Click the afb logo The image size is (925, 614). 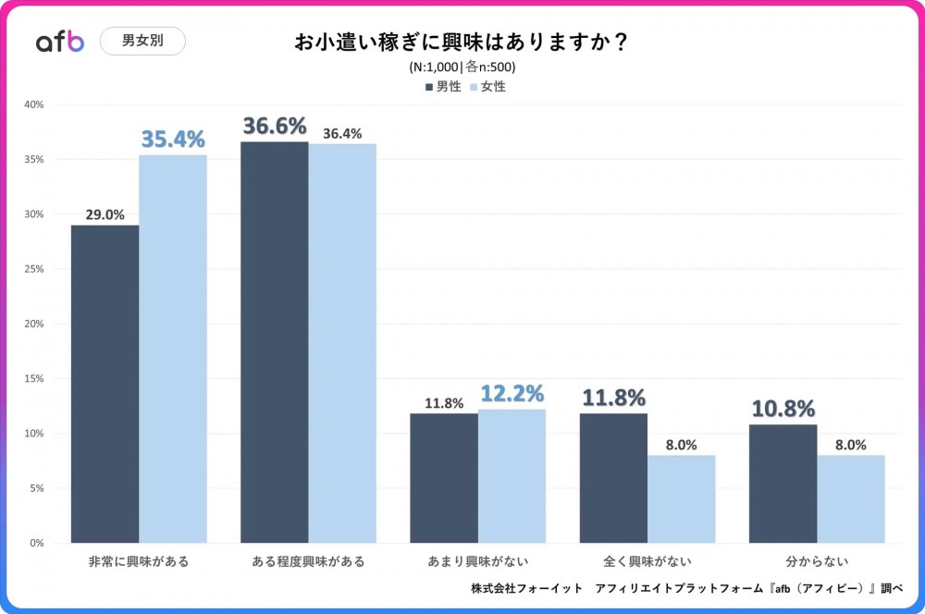click(x=60, y=41)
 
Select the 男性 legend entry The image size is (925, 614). click(x=443, y=86)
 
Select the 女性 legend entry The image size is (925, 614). click(x=487, y=86)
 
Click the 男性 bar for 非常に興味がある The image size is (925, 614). click(x=105, y=384)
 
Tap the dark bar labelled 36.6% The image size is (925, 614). click(x=274, y=342)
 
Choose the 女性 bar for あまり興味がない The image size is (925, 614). click(x=512, y=476)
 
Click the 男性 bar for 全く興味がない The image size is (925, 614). click(x=613, y=478)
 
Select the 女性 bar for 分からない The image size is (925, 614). click(x=851, y=499)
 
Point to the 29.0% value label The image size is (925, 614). click(x=105, y=214)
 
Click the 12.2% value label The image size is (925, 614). click(x=512, y=395)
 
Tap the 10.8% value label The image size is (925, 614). click(x=783, y=409)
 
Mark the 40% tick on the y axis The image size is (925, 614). click(x=34, y=104)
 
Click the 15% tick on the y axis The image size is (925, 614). click(x=34, y=378)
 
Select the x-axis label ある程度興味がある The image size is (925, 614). click(x=308, y=561)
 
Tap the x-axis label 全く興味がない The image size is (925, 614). click(x=647, y=561)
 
